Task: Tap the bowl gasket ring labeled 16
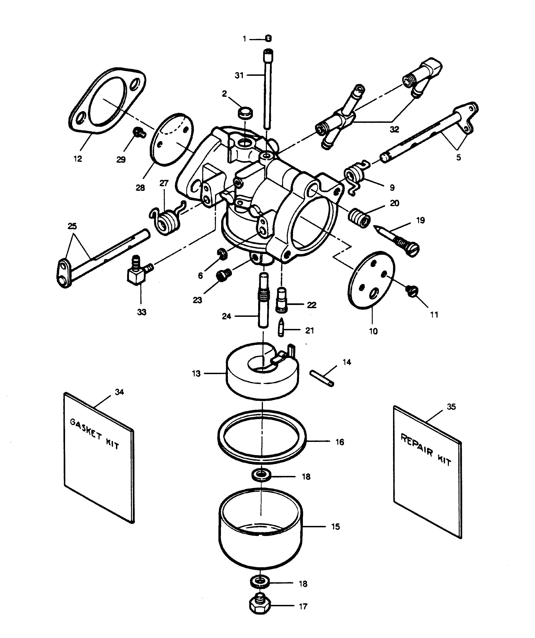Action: pos(262,438)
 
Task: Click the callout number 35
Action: pos(451,407)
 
